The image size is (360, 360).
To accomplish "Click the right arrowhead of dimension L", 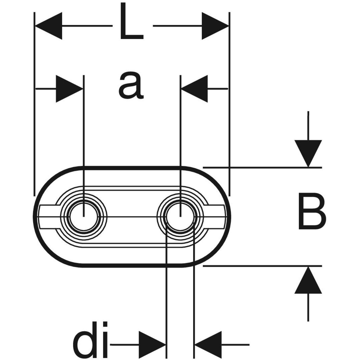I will [215, 26].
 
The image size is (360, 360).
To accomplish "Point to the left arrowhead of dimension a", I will [69, 89].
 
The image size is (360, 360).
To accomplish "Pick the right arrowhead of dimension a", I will [195, 89].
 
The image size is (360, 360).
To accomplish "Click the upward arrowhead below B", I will [308, 280].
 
